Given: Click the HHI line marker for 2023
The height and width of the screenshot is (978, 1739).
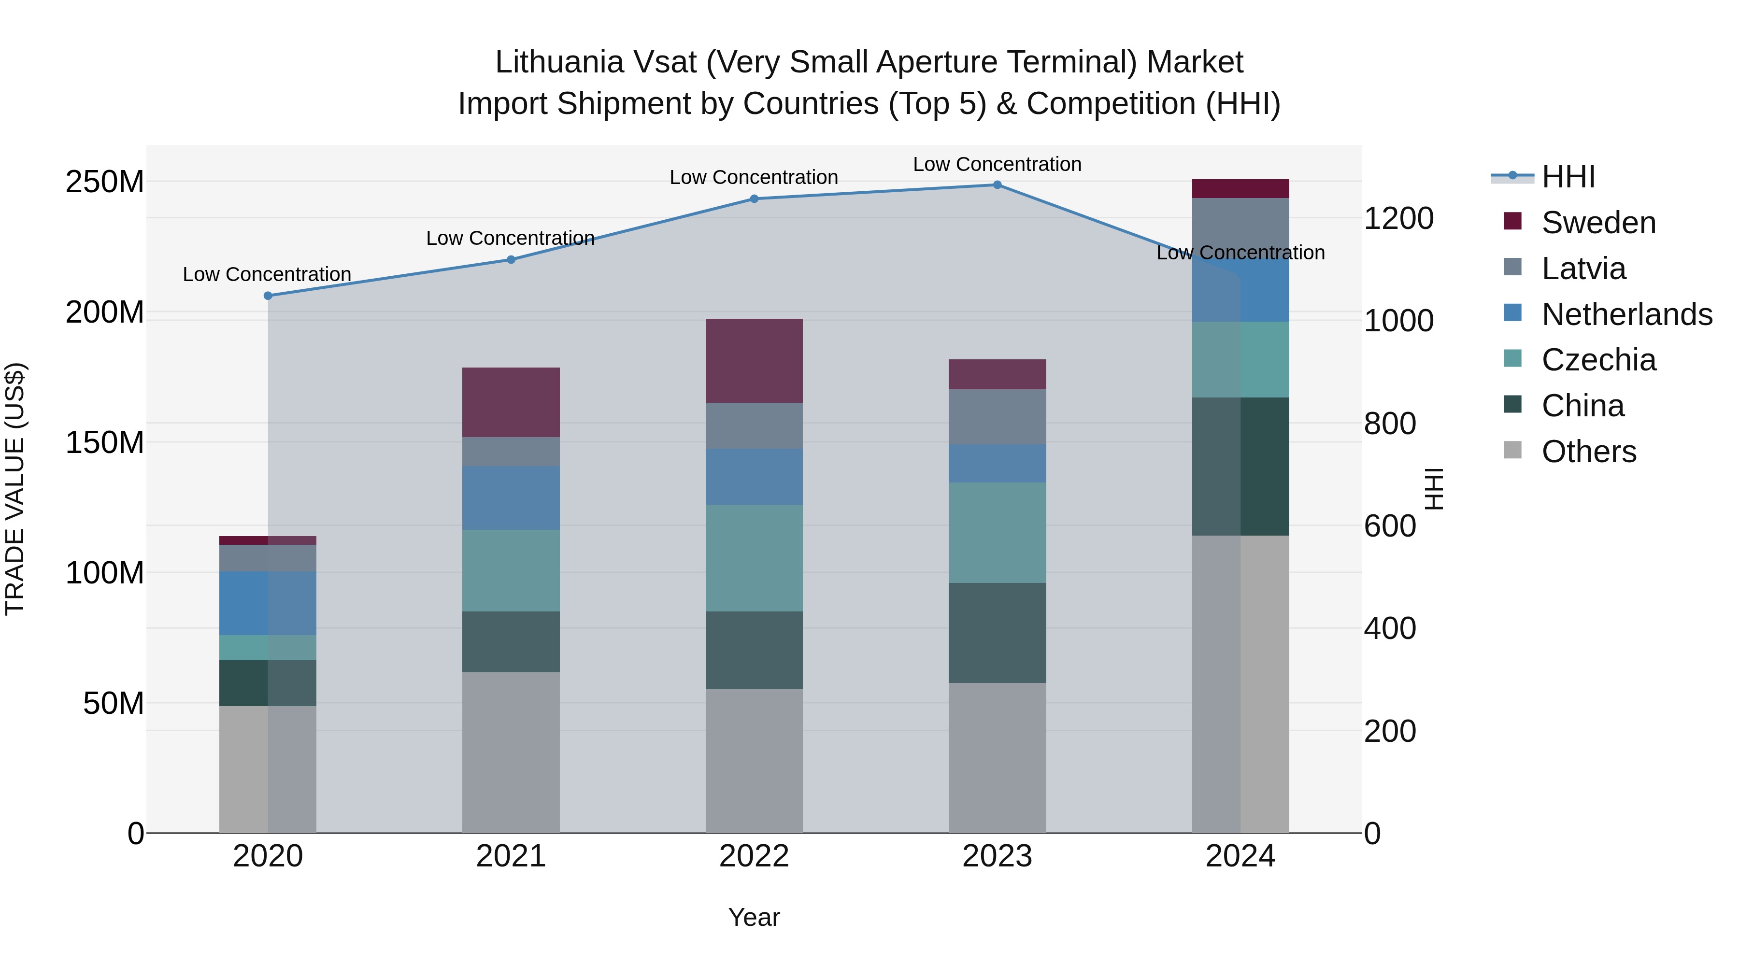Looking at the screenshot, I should (997, 185).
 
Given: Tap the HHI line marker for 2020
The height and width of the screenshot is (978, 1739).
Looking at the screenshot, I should (268, 296).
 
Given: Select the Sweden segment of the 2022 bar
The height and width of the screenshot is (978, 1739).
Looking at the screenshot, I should (754, 361).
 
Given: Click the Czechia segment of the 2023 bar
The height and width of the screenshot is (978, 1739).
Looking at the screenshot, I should (997, 533).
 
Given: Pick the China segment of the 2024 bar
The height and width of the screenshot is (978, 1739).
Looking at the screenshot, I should (1240, 467).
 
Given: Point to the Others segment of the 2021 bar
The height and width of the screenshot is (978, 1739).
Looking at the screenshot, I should (511, 752).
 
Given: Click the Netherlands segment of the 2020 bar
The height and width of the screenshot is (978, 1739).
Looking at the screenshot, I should (268, 603).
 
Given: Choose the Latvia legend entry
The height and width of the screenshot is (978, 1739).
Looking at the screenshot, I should (1583, 269).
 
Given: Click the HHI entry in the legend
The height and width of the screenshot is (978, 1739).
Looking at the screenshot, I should (1568, 177).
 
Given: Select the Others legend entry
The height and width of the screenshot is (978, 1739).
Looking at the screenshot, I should (1588, 452).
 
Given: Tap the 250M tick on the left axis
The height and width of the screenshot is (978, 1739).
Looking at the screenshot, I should (105, 182).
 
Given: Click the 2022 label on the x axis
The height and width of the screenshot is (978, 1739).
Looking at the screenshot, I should (754, 856).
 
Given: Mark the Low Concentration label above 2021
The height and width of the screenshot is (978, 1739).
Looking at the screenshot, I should (511, 238).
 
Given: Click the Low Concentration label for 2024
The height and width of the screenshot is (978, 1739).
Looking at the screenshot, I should (1240, 253).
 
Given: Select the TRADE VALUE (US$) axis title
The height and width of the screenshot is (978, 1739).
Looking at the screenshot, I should (15, 489).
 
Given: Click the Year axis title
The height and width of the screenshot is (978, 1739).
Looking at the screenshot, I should (754, 917).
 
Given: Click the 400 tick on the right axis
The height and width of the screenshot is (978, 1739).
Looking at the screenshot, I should (1389, 628).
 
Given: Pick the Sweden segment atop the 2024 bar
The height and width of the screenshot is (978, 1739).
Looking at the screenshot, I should (1240, 189).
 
